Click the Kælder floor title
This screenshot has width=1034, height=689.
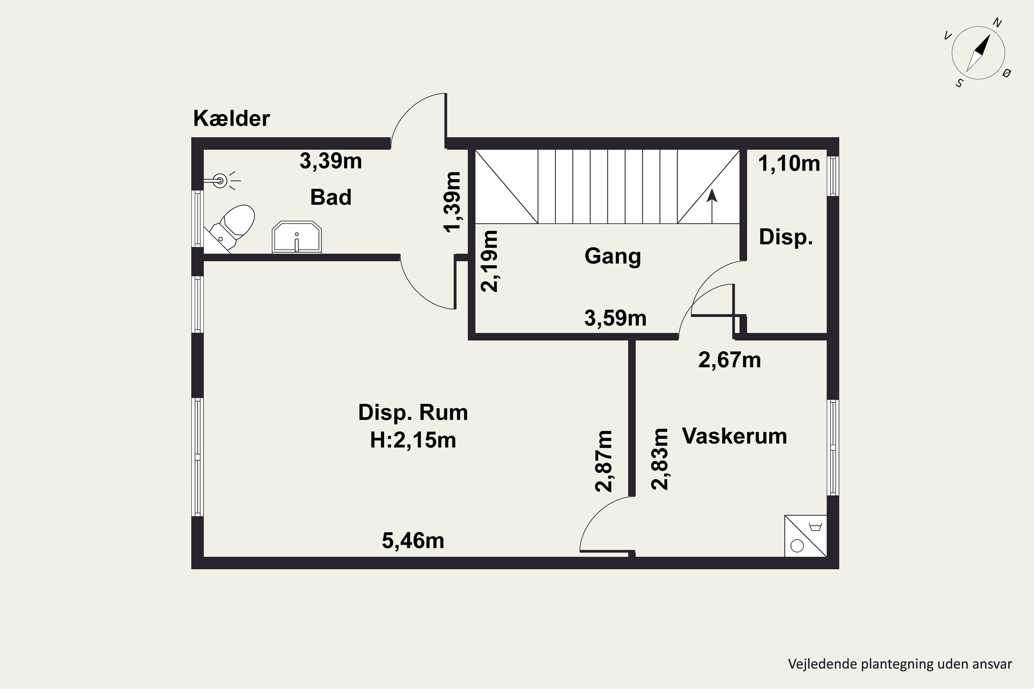coord(231,118)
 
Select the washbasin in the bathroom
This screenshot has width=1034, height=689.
coord(297,237)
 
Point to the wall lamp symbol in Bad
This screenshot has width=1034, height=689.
coord(222,180)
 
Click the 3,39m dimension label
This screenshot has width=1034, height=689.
coord(331,161)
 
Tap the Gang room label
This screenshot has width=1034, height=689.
coord(612,256)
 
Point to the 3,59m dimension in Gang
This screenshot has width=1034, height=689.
coord(615,318)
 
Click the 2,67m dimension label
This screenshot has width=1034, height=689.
coord(729,360)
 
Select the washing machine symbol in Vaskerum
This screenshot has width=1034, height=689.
coord(806,536)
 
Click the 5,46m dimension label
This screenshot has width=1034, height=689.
coord(413,541)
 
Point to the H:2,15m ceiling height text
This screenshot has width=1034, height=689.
coord(413,440)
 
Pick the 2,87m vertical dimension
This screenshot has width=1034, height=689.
coord(604,461)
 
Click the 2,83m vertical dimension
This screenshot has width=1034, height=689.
coord(659,459)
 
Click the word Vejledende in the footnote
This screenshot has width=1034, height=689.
coord(822,664)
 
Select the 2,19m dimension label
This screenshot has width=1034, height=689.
coord(489,261)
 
